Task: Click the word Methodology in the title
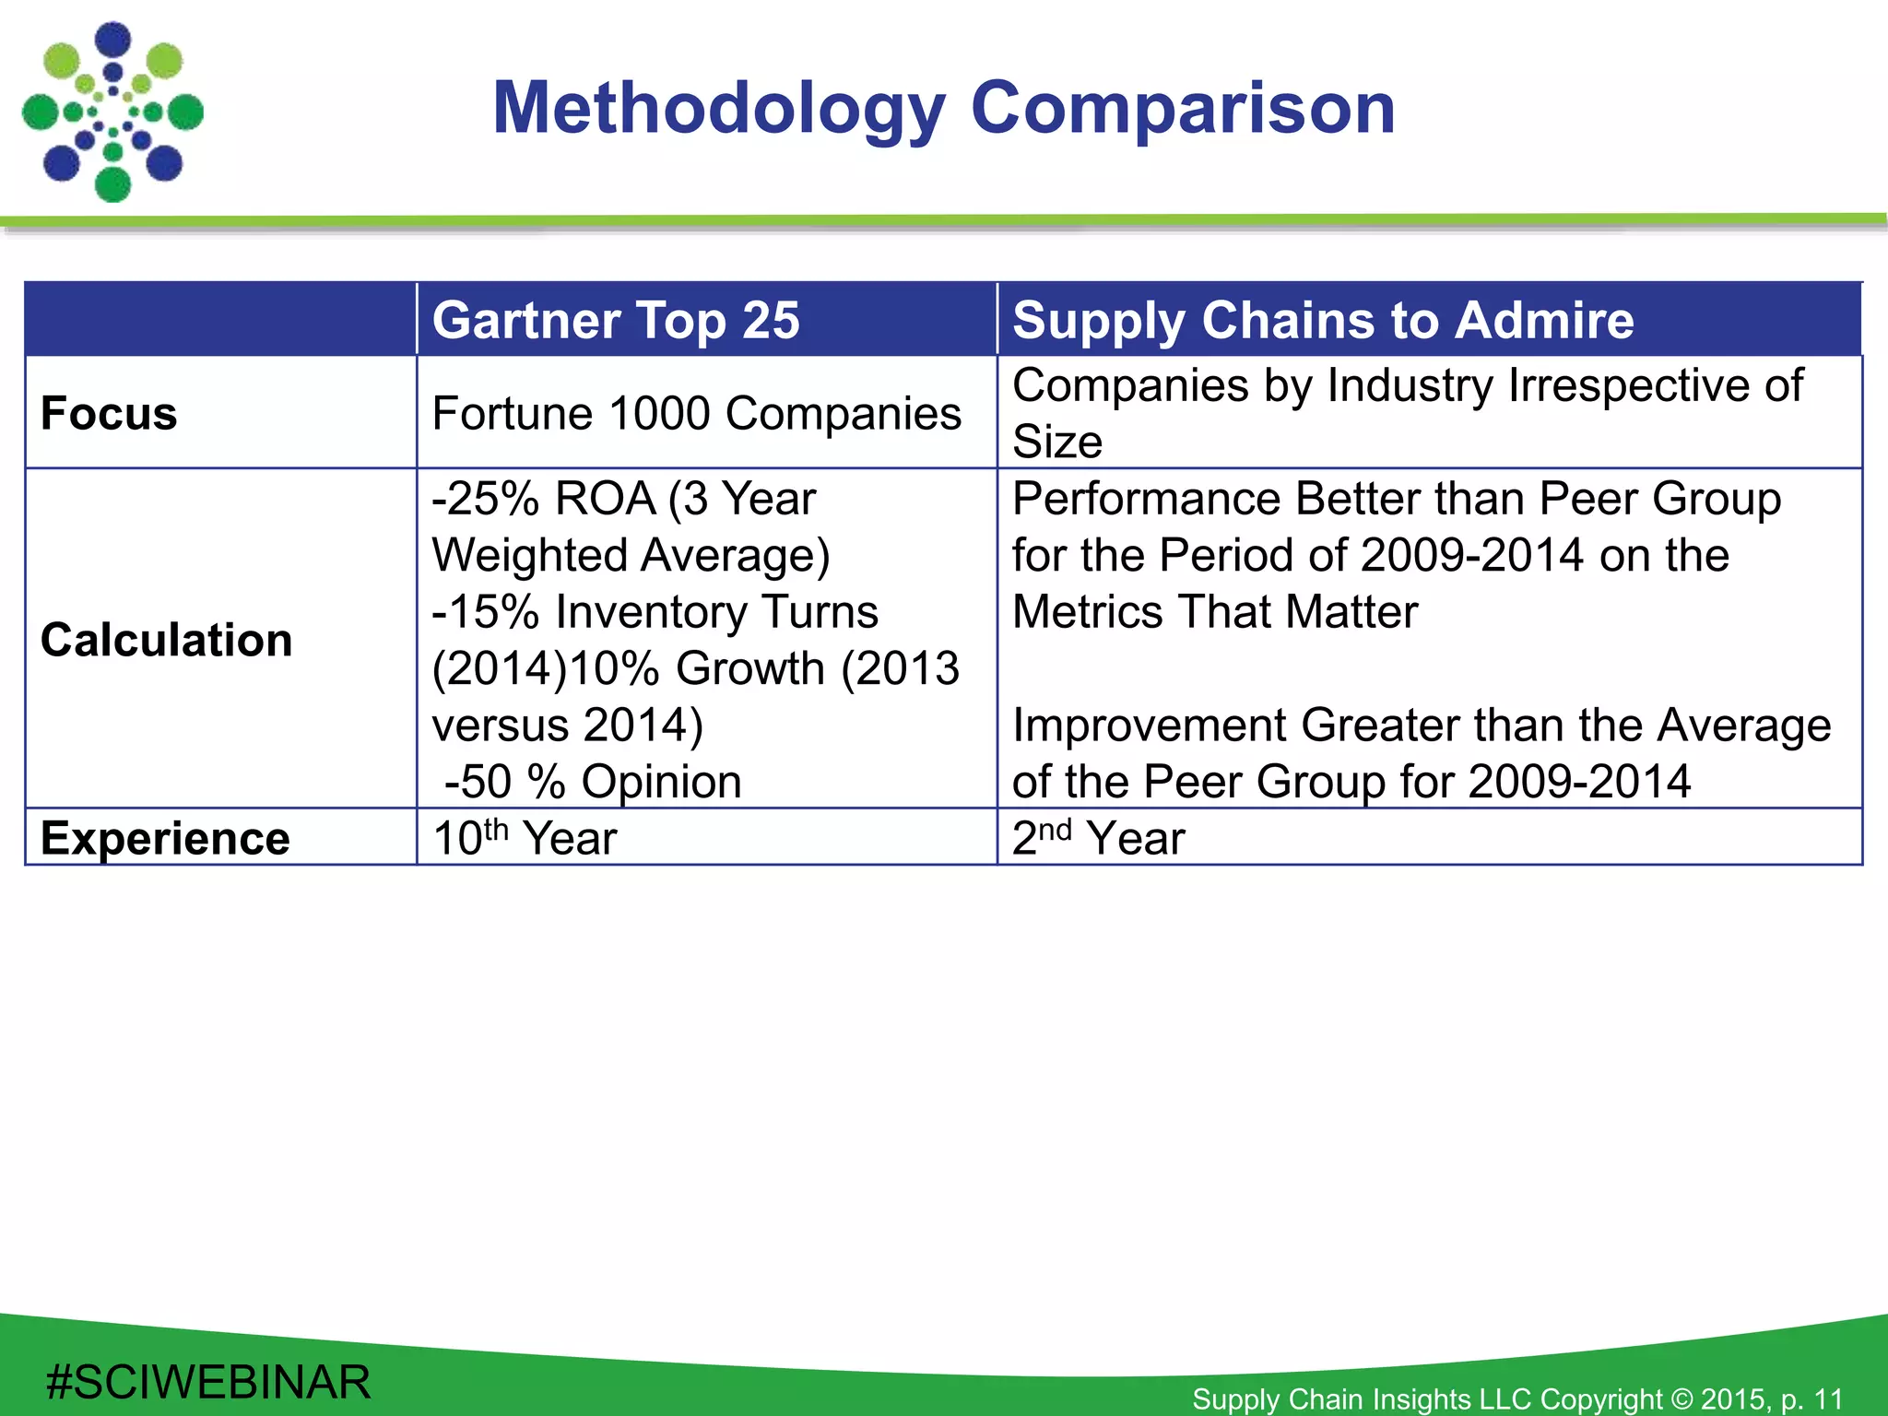coord(719,109)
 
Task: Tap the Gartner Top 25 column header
coord(616,320)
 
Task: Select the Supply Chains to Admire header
coord(1323,320)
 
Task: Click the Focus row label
coord(109,413)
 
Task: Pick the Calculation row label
coord(166,640)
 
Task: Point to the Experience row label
coord(165,838)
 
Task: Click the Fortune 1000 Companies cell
coord(696,413)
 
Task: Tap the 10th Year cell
coord(525,838)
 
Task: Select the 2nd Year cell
coord(1098,838)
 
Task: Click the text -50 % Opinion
coord(593,782)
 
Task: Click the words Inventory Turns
coord(717,612)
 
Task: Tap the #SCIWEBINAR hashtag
coord(208,1382)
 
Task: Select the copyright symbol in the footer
coord(1682,1398)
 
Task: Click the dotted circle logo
coord(112,112)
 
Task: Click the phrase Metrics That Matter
coord(1215,612)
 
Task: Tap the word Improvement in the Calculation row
coord(1149,726)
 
